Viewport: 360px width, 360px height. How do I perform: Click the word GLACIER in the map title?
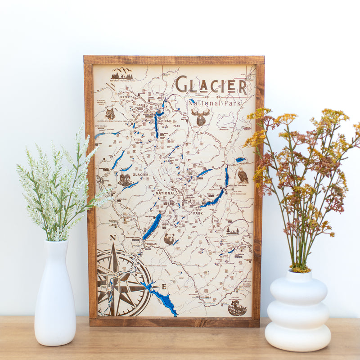click(211, 85)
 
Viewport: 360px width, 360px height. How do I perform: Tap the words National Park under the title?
click(215, 103)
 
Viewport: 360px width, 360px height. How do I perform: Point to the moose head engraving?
click(201, 117)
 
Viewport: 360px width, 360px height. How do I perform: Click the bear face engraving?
click(169, 238)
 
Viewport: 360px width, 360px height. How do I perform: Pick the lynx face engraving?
click(110, 113)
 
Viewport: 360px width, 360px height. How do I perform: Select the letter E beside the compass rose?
click(164, 287)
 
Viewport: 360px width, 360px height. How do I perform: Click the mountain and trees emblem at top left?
click(122, 74)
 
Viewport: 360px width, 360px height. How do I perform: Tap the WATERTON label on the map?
click(127, 97)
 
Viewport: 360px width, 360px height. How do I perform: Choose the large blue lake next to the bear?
click(152, 227)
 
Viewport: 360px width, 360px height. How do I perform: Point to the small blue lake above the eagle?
click(240, 159)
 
